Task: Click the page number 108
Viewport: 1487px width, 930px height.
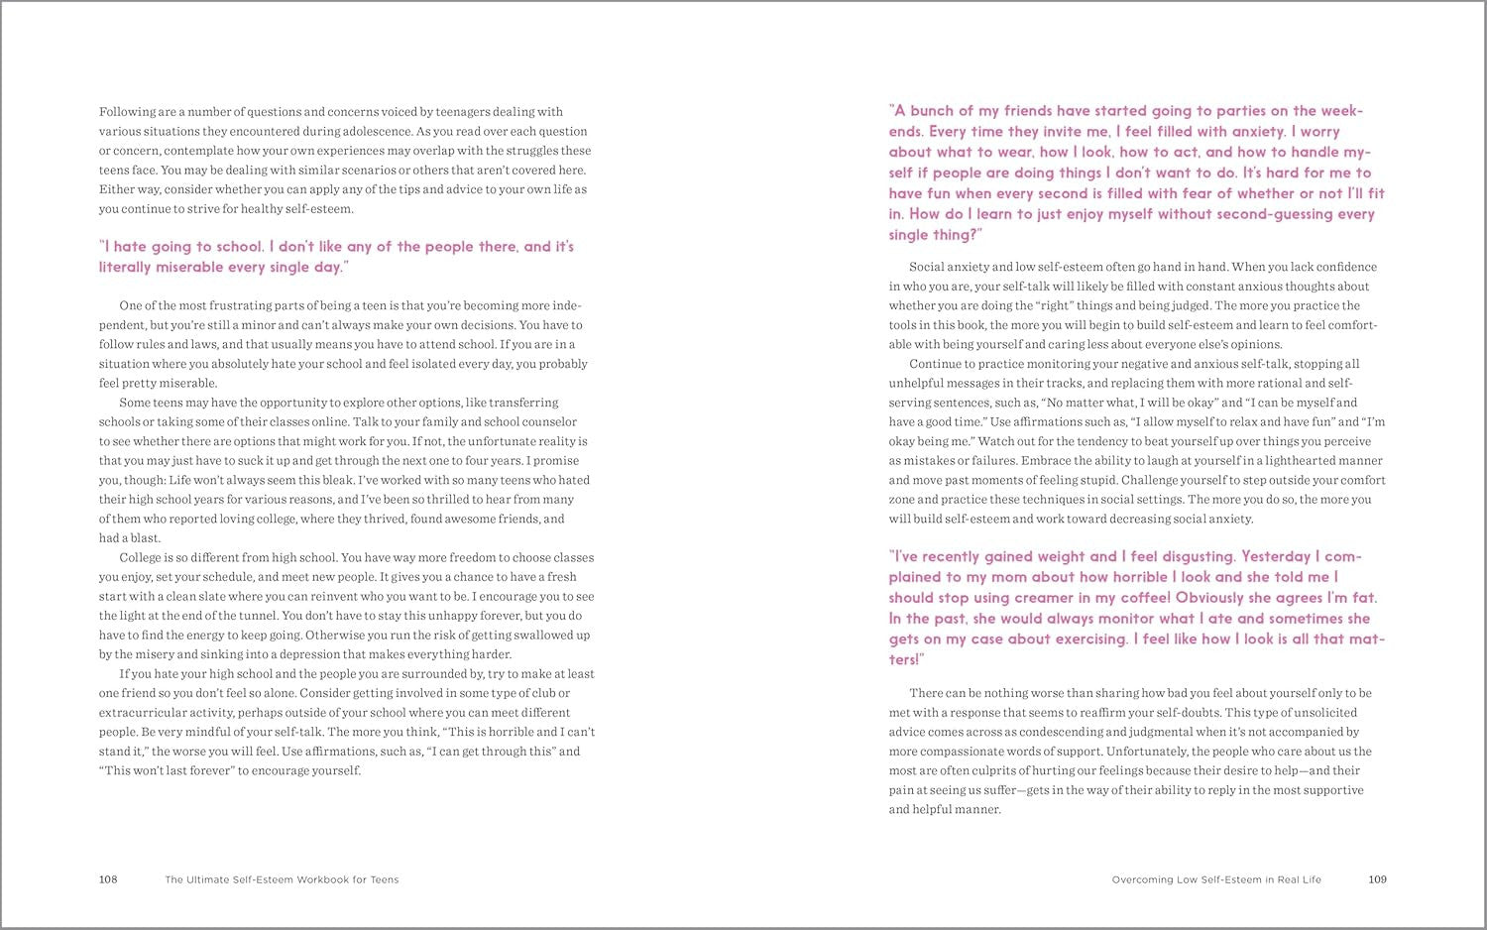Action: [108, 879]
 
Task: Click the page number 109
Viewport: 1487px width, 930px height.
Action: [1377, 879]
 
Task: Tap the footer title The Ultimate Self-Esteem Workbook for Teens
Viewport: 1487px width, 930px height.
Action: [282, 879]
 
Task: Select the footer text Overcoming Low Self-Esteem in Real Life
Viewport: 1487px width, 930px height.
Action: [1216, 879]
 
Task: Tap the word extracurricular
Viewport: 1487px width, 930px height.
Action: [140, 713]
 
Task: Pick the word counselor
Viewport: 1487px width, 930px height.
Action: [548, 422]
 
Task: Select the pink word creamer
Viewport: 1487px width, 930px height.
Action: [1074, 598]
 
